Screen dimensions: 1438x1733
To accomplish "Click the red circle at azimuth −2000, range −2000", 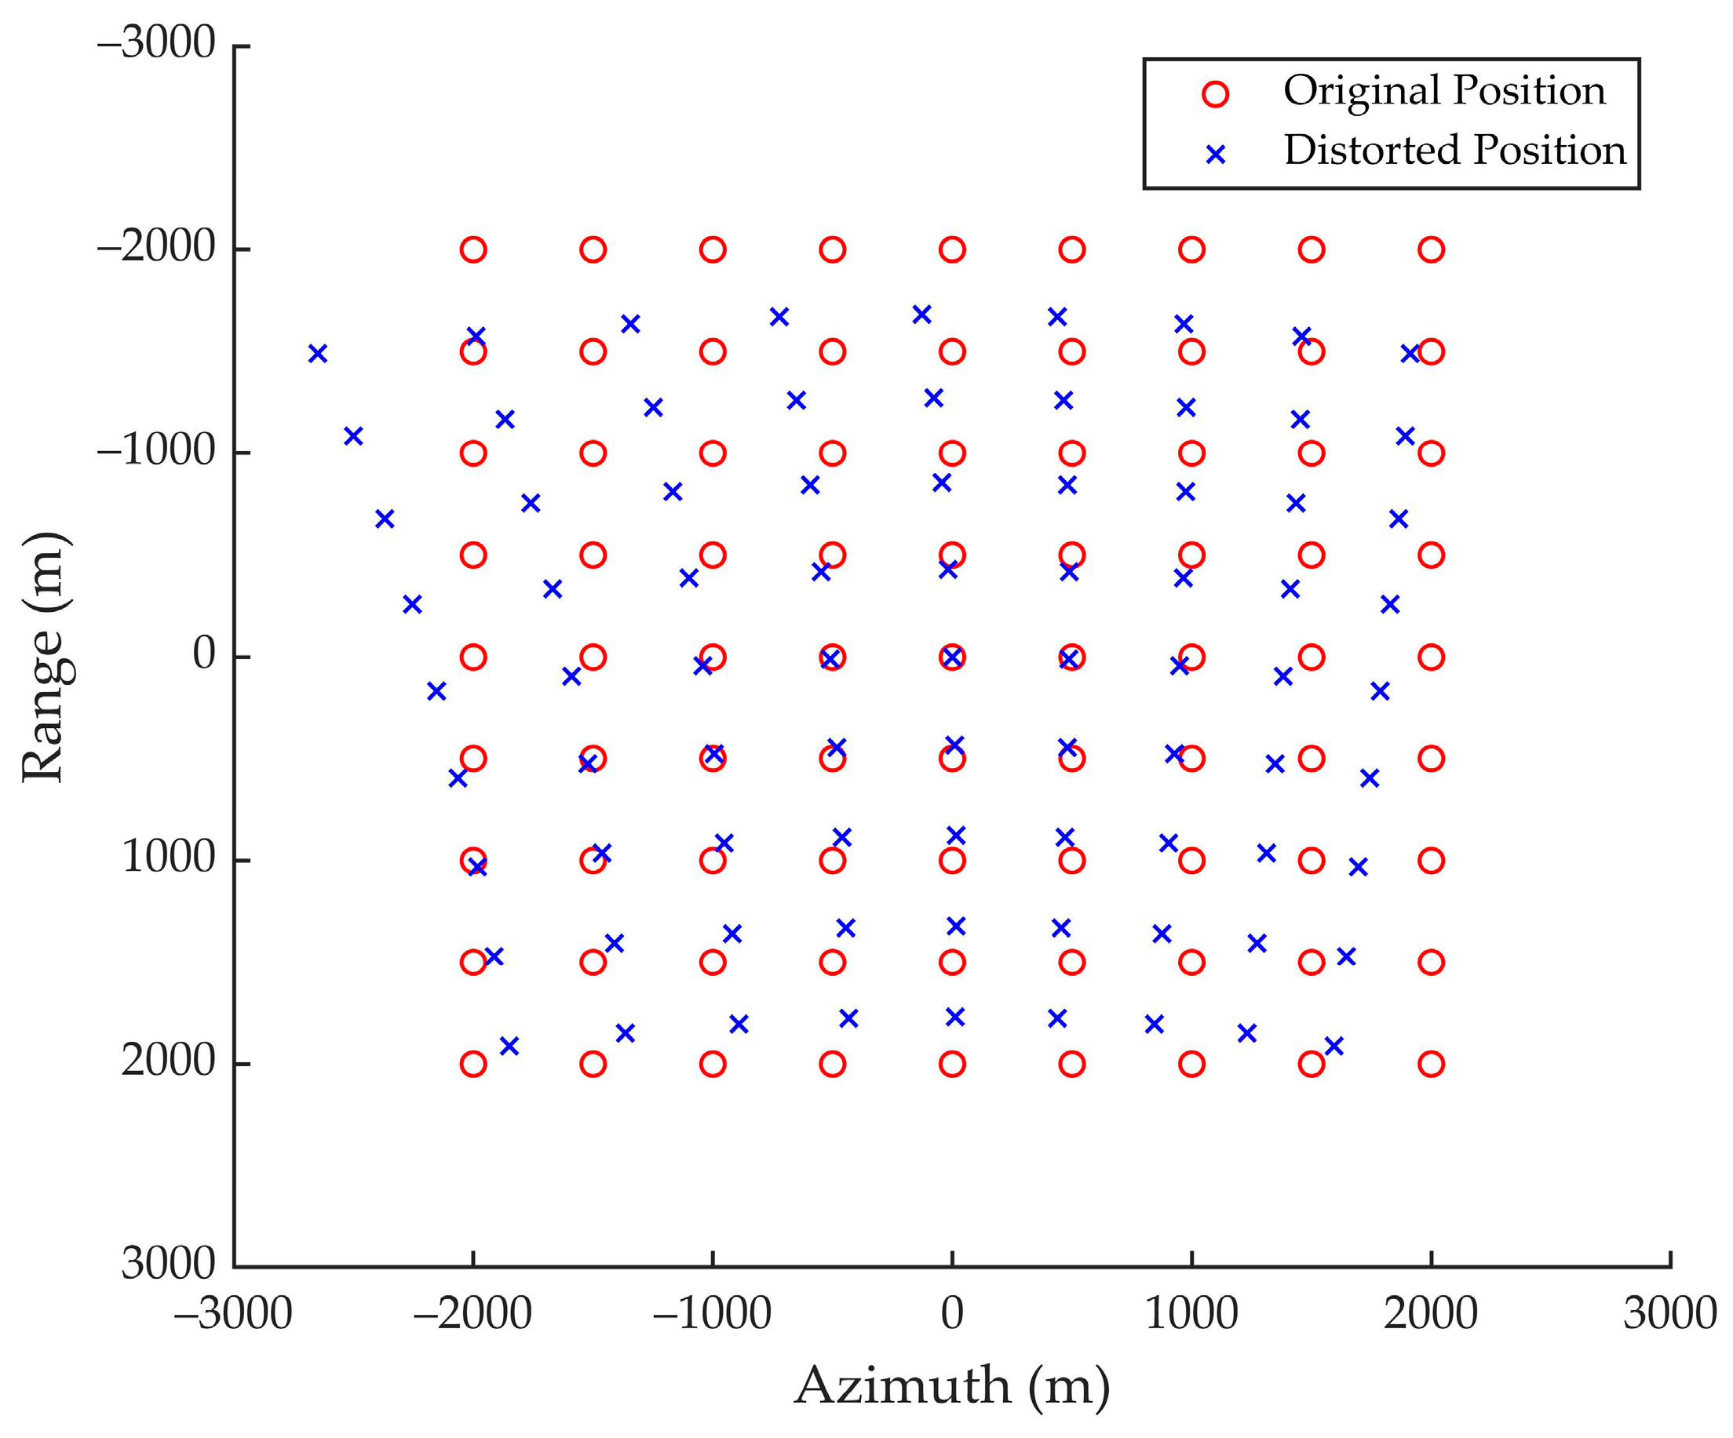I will (x=472, y=249).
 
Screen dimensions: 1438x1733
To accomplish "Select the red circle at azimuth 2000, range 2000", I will (x=1431, y=1064).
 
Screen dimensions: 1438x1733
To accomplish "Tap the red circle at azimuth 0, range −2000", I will (x=952, y=249).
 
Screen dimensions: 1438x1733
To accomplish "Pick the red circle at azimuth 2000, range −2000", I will (x=1431, y=249).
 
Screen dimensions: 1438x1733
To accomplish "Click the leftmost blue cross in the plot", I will (x=318, y=353).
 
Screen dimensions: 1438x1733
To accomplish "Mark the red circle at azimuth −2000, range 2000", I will (x=472, y=1064).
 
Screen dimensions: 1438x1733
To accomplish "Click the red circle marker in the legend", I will (x=1215, y=94).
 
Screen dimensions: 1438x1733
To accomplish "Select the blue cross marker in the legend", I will (x=1215, y=155).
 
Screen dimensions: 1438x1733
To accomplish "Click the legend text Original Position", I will (x=1444, y=91).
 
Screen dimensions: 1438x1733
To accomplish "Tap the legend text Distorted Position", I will (x=1454, y=151).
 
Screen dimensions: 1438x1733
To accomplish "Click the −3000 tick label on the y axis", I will (x=157, y=43).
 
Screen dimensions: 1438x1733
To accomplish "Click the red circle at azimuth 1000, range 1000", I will (x=1191, y=861).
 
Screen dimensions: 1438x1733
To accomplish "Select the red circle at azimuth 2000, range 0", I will (x=1431, y=657).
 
